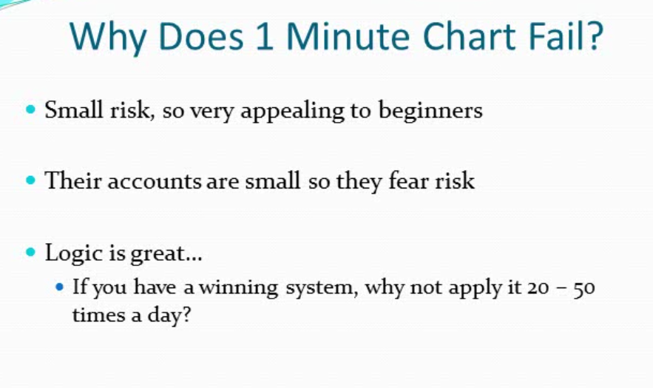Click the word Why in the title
pos(107,38)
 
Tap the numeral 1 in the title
pos(265,35)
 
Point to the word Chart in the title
pos(470,35)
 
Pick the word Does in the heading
pos(200,35)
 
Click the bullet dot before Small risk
pos(30,109)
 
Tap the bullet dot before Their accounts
pos(30,180)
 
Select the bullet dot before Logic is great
pos(30,252)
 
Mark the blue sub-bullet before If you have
pos(59,287)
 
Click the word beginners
pos(430,111)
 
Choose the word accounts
pos(154,182)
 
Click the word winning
pos(239,288)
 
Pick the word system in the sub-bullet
pos(322,289)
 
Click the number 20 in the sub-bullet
pos(538,288)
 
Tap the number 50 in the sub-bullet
pos(584,288)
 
